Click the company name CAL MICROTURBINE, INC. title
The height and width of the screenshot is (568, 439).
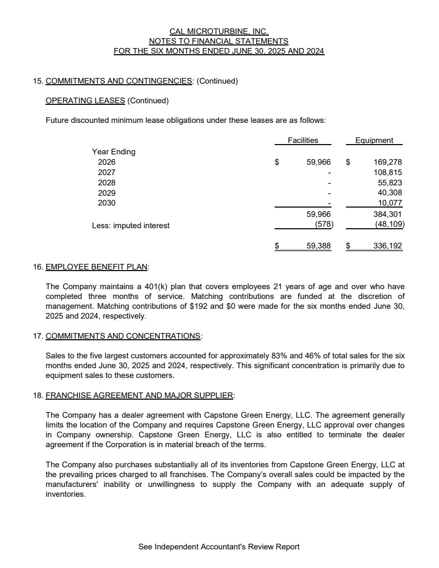[x=219, y=31]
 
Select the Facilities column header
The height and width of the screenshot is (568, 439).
[x=303, y=140]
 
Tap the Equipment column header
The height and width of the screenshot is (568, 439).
[x=374, y=140]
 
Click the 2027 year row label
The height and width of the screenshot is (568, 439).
[x=107, y=172]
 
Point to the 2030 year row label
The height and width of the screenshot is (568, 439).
[x=107, y=203]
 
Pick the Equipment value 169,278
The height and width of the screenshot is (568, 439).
[x=387, y=162]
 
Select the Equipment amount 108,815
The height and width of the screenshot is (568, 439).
[x=387, y=172]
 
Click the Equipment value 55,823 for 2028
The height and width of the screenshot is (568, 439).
[x=390, y=183]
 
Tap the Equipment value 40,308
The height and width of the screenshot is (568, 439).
[x=390, y=193]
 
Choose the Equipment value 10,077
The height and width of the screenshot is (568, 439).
[x=390, y=203]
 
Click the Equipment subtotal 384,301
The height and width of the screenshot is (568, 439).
[x=387, y=214]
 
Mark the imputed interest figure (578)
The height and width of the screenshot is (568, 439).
[x=324, y=225]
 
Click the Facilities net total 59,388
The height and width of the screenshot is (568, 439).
[x=319, y=246]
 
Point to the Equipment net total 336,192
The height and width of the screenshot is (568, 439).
[x=387, y=246]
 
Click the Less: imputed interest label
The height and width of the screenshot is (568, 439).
[x=131, y=226]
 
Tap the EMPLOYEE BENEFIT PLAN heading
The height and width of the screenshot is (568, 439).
[x=97, y=267]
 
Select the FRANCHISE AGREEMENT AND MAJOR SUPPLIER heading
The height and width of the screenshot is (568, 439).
[x=140, y=396]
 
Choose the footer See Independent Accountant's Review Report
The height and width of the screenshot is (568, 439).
[x=219, y=547]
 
